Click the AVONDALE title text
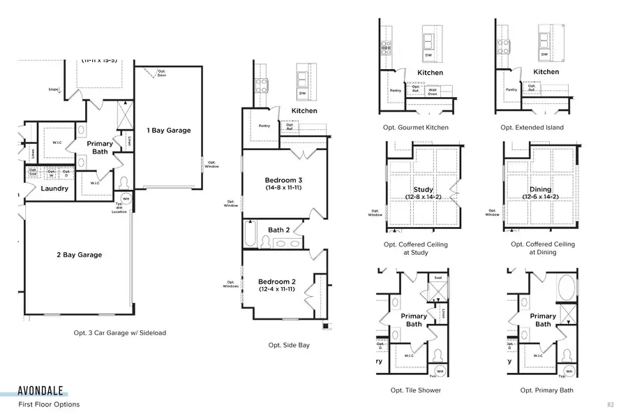[43, 390]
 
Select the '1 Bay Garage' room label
[168, 130]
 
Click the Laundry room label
[54, 189]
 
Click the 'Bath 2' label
[279, 230]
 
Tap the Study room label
[423, 189]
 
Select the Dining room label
[540, 189]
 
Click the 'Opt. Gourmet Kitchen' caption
[416, 128]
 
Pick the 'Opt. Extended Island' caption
[532, 128]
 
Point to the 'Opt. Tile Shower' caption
[416, 390]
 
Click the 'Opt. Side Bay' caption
[289, 345]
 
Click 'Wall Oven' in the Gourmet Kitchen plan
[433, 90]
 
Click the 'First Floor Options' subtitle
[49, 404]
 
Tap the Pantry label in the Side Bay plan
[264, 126]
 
